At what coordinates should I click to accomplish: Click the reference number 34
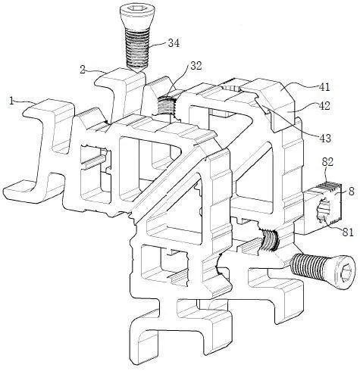click(x=174, y=43)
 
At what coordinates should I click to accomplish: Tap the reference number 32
click(x=196, y=66)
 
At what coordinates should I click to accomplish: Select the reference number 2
click(x=83, y=69)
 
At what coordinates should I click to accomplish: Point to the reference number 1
click(x=11, y=101)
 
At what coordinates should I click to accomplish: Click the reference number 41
click(x=324, y=86)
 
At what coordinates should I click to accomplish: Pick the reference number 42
click(x=324, y=106)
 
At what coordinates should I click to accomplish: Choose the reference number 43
click(x=325, y=138)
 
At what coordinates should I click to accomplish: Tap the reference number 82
click(x=327, y=162)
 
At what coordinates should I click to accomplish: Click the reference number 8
click(x=352, y=191)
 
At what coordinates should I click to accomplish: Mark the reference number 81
click(x=348, y=232)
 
